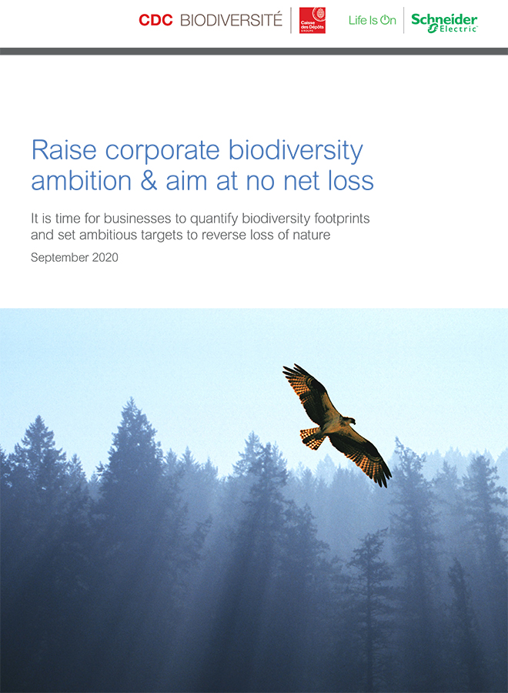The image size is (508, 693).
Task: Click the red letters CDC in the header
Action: [155, 20]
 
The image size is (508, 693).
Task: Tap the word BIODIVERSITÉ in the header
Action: [231, 20]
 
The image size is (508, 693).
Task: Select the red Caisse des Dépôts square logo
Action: [312, 20]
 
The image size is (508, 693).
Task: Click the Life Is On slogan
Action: [373, 20]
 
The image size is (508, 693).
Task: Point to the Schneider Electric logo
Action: [444, 22]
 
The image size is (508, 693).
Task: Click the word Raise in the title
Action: [64, 150]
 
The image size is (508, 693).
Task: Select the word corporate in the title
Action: [162, 151]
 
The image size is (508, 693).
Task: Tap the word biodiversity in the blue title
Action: [296, 151]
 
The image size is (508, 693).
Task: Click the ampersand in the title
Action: [149, 181]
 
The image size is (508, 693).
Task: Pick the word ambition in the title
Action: [82, 181]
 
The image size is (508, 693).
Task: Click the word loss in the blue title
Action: [351, 181]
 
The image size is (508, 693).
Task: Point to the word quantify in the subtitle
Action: [214, 219]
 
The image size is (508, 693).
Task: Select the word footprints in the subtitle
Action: [342, 219]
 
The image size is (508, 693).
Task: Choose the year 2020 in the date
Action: [105, 257]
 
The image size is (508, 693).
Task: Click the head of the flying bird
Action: [349, 420]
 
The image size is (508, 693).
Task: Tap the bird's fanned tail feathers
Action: [312, 437]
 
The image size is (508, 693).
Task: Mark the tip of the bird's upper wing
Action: [283, 368]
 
